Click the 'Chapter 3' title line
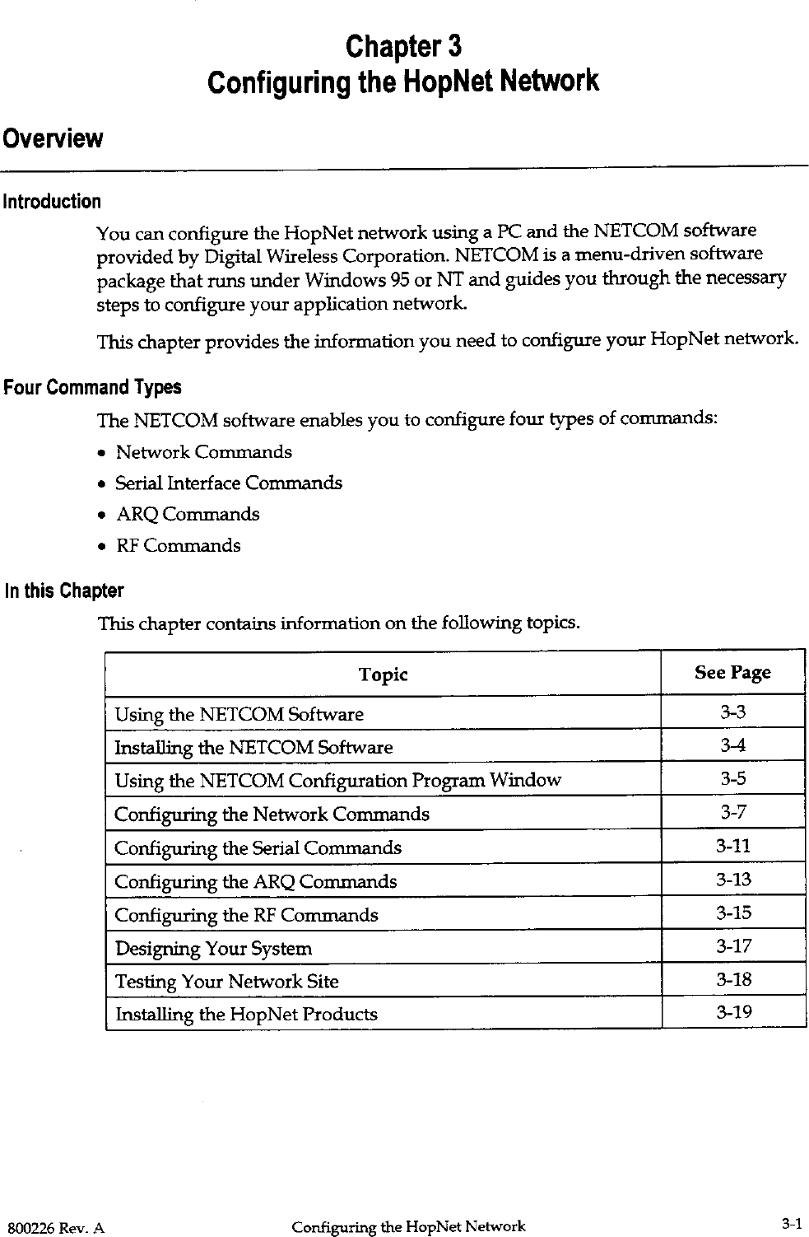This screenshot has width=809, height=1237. (x=403, y=45)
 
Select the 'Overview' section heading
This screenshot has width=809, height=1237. (x=53, y=138)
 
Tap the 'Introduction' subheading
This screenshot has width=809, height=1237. (x=53, y=202)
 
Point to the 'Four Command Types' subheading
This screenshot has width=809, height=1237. (x=92, y=387)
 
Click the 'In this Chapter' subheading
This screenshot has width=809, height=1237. (x=64, y=591)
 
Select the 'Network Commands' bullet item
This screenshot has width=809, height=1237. (x=203, y=452)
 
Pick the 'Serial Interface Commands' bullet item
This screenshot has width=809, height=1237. (x=228, y=483)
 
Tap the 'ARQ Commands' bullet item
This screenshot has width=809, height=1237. (x=187, y=514)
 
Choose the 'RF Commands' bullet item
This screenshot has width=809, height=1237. (x=178, y=545)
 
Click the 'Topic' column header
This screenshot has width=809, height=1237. (x=383, y=675)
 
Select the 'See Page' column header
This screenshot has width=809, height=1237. (x=732, y=673)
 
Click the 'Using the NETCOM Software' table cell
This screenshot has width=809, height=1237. (x=239, y=714)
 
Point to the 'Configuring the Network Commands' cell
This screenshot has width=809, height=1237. (x=272, y=815)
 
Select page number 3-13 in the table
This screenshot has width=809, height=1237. (x=732, y=880)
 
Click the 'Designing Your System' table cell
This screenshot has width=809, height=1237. (x=213, y=949)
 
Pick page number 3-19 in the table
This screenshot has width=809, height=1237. (x=732, y=1012)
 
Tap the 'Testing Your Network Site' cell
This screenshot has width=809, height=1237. (x=226, y=982)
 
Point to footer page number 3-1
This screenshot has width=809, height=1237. (x=791, y=1225)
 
